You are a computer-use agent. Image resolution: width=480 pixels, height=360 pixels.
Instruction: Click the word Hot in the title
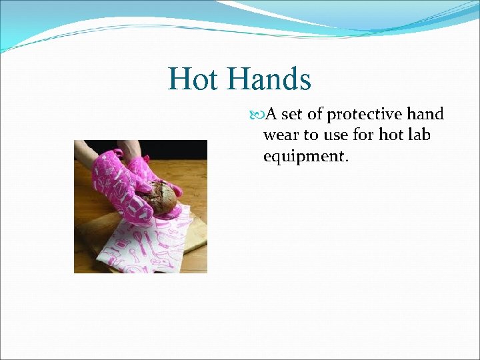[193, 79]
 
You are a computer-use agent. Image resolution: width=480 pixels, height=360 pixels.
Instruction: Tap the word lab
[418, 135]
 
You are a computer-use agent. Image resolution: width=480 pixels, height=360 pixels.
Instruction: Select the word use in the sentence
[338, 135]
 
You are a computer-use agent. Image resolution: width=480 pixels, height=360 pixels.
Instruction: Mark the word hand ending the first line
[428, 115]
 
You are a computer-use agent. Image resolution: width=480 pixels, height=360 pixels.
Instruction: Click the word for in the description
[365, 135]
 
